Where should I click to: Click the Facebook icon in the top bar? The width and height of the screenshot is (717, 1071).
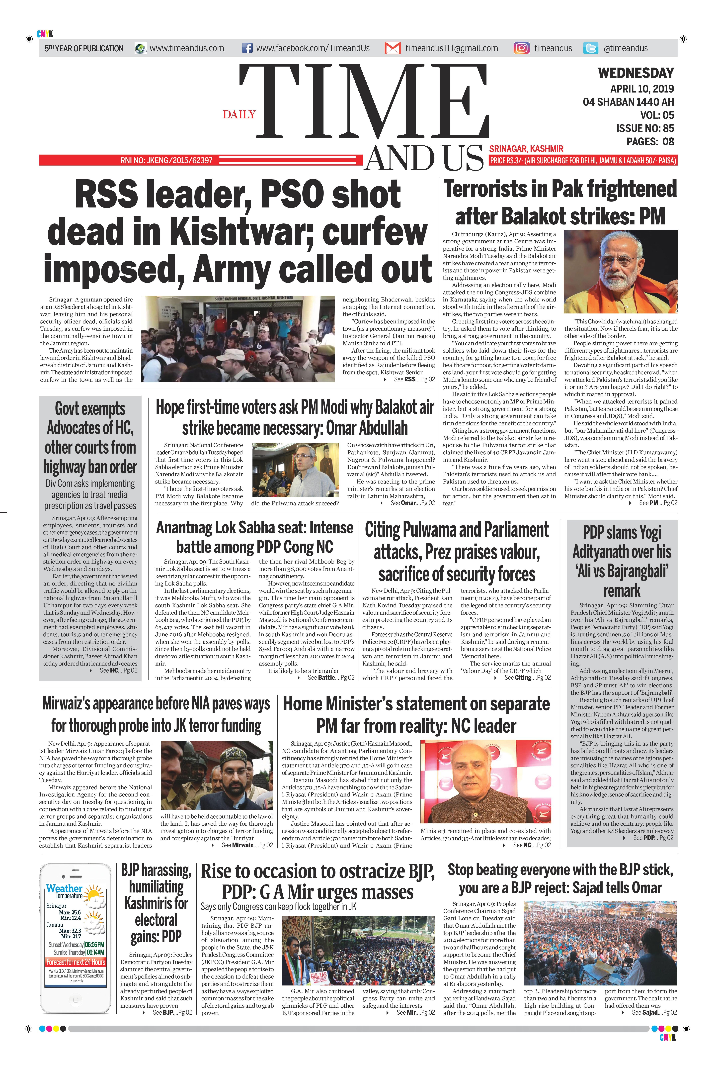tap(247, 48)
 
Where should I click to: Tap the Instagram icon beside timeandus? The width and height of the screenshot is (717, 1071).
tap(521, 48)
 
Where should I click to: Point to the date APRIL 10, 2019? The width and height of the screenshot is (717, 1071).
tap(642, 89)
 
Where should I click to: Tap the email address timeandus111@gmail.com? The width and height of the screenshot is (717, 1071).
tap(451, 48)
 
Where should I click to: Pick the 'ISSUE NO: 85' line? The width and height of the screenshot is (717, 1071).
tap(645, 128)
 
